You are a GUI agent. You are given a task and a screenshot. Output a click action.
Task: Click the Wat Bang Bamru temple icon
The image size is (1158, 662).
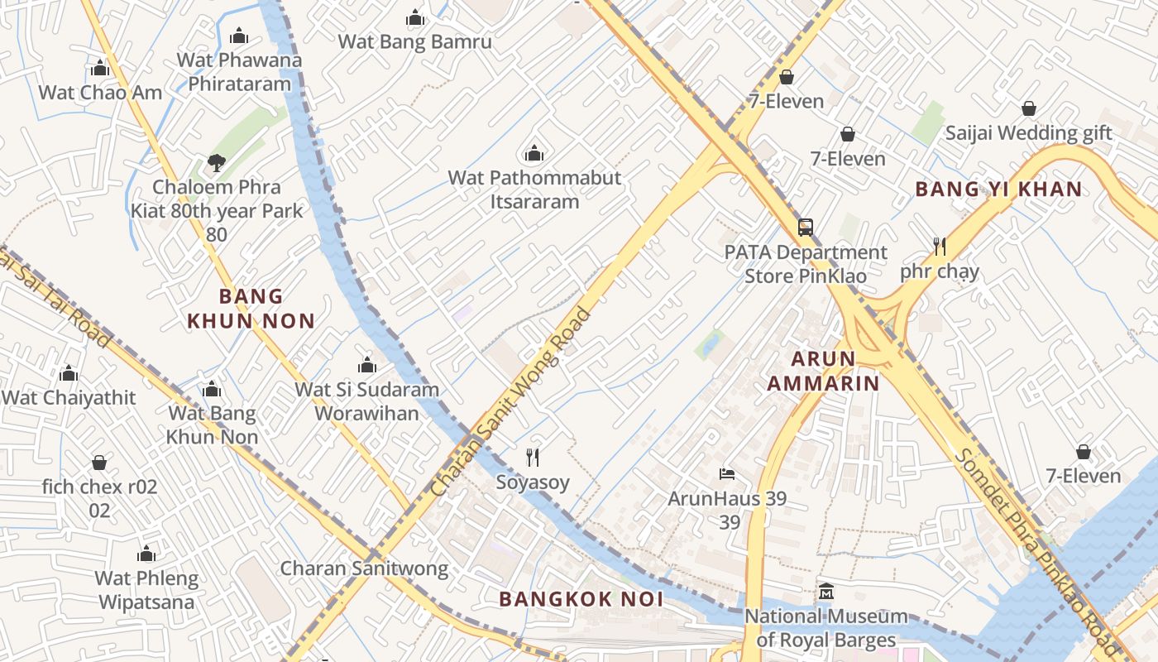415,18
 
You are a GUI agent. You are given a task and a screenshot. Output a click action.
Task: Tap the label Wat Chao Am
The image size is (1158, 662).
100,92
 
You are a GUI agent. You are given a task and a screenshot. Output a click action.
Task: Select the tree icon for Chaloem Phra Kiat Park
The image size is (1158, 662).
217,163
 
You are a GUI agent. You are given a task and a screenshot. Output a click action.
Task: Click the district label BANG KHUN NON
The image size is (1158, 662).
251,309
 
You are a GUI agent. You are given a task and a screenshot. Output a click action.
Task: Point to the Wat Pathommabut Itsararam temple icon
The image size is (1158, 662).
534,154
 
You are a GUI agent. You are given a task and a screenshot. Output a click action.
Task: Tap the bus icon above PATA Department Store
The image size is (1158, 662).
805,228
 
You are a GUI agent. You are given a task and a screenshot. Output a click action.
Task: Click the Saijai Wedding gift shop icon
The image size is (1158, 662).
1028,108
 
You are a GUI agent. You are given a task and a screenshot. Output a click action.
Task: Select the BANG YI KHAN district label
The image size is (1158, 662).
998,189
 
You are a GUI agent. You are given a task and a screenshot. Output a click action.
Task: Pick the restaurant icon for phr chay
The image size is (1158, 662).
939,247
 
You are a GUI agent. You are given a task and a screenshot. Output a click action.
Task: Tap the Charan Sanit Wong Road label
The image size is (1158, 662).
512,402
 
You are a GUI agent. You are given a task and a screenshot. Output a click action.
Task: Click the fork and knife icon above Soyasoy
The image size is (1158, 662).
533,457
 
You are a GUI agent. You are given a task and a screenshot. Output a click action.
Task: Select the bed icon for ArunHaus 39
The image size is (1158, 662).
727,474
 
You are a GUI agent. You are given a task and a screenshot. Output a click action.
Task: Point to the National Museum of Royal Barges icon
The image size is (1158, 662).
825,592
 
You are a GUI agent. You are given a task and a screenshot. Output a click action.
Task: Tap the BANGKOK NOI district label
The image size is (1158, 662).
581,599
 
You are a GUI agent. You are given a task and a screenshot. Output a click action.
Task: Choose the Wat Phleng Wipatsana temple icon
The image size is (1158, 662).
146,554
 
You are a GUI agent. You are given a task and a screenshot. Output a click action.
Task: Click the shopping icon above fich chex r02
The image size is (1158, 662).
99,463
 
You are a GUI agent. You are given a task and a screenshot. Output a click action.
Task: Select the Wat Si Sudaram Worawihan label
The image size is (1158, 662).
367,401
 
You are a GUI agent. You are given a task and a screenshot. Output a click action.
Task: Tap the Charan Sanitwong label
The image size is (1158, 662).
364,568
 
